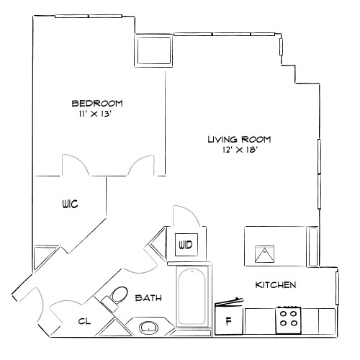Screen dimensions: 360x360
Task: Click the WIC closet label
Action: tap(68, 204)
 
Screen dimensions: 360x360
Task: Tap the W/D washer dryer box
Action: tap(186, 246)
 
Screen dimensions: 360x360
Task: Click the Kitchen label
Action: tap(276, 285)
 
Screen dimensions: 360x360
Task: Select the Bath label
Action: tap(148, 297)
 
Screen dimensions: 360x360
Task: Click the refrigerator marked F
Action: tap(229, 321)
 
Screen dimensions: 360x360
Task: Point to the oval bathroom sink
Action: tap(150, 328)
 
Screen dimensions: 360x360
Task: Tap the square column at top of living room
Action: tap(154, 50)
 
